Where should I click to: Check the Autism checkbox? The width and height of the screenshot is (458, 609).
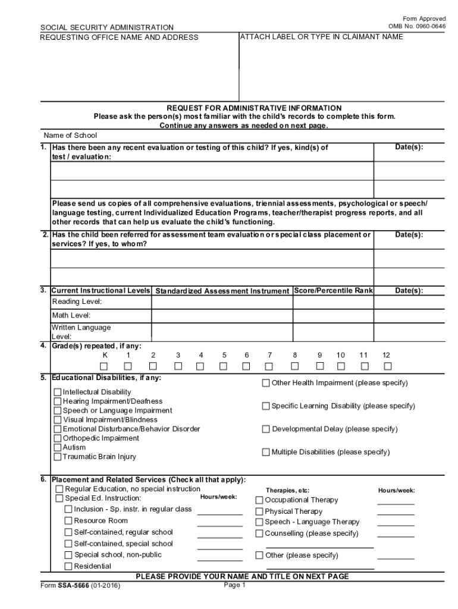(58, 447)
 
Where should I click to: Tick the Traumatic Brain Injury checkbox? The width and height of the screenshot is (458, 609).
(58, 457)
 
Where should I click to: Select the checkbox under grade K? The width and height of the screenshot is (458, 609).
(105, 366)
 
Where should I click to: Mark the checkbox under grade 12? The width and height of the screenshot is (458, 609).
(388, 366)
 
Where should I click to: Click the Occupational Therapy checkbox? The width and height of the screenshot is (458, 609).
(259, 500)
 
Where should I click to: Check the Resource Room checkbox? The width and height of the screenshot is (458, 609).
(68, 520)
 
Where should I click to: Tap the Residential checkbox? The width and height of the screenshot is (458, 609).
(68, 566)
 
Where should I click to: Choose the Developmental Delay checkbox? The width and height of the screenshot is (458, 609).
(266, 429)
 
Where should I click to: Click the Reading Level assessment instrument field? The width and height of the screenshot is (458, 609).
(222, 302)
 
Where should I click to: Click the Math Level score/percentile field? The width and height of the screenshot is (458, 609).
(333, 315)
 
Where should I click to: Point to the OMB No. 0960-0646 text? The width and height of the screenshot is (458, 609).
(417, 26)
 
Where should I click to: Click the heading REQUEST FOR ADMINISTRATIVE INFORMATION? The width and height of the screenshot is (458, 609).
(254, 108)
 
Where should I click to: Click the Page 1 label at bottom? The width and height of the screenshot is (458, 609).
(234, 585)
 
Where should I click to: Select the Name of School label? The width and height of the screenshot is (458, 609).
(70, 136)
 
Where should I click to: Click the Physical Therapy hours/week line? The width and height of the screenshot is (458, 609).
(396, 512)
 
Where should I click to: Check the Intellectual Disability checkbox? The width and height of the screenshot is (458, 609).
(58, 392)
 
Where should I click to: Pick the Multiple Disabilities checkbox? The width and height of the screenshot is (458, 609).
(266, 452)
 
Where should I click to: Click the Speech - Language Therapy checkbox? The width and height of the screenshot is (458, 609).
(259, 522)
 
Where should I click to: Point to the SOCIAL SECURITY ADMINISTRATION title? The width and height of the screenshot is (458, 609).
(107, 27)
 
